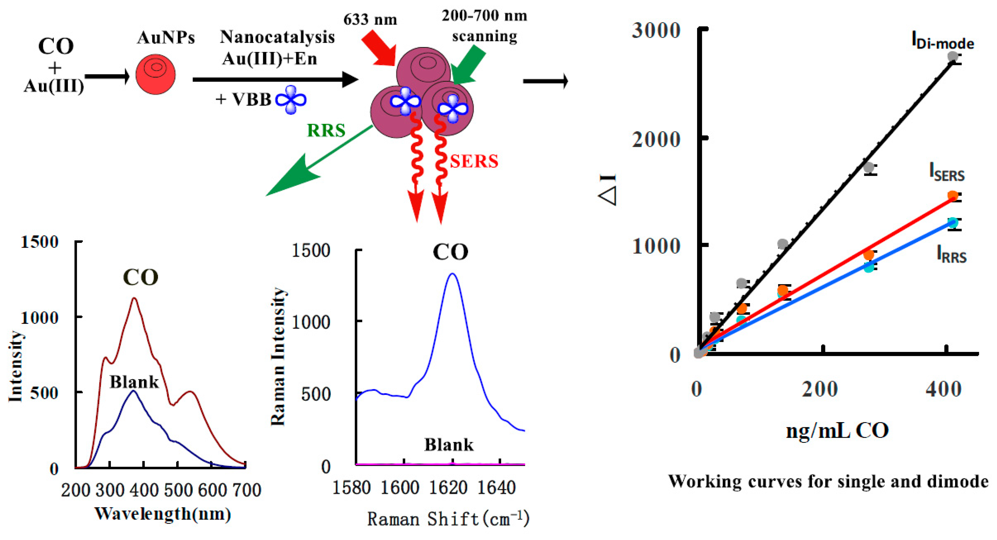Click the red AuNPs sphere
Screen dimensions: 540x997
pos(155,74)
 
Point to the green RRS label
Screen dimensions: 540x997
pos(326,130)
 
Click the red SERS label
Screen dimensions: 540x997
pos(474,161)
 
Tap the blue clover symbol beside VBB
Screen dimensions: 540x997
pos(291,100)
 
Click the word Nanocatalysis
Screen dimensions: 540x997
pos(277,37)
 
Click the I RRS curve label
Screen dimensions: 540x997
pos(951,255)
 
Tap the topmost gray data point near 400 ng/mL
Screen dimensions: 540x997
pos(953,56)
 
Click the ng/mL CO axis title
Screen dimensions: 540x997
pos(837,430)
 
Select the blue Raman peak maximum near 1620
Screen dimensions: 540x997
pos(452,274)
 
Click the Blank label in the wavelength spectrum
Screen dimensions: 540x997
pos(134,382)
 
